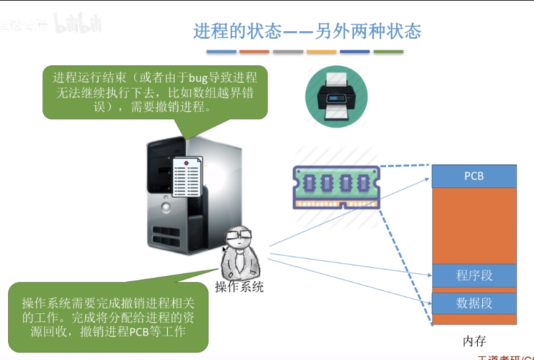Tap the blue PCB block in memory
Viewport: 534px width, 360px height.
click(x=474, y=176)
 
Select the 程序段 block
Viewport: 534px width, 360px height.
click(x=474, y=275)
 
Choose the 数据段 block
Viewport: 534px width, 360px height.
click(x=474, y=303)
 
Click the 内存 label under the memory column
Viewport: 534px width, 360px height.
click(x=474, y=341)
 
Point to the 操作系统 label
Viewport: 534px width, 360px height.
click(x=240, y=287)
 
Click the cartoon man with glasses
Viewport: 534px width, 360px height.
click(x=239, y=252)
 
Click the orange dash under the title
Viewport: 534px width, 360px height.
click(x=255, y=52)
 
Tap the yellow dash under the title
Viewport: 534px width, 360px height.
click(x=321, y=52)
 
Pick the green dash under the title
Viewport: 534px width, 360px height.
click(x=388, y=52)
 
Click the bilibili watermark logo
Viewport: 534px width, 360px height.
click(x=78, y=24)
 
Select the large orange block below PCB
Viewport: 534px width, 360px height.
click(x=474, y=225)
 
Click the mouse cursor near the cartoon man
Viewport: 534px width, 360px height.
click(x=225, y=250)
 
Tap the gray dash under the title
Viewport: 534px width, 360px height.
click(x=288, y=52)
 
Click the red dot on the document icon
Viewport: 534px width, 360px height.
click(x=186, y=163)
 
